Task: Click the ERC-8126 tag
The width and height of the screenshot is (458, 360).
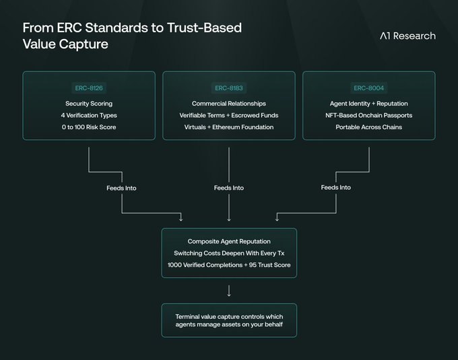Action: [89, 88]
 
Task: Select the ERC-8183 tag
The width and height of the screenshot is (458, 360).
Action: [229, 88]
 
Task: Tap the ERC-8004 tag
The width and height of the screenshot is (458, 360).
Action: [369, 88]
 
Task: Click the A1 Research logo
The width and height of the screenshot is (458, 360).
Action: [407, 36]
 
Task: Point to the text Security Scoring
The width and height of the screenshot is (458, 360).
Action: [89, 104]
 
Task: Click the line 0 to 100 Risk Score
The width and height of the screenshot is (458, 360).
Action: [89, 127]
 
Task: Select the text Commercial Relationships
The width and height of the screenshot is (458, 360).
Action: [229, 104]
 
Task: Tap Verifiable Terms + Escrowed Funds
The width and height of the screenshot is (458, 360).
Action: [229, 115]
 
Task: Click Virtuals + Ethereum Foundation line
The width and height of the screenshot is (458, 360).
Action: [229, 127]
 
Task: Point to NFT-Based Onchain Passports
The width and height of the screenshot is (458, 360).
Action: [369, 115]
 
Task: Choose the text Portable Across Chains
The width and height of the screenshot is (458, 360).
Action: [369, 127]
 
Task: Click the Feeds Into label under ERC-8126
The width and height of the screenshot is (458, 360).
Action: [121, 188]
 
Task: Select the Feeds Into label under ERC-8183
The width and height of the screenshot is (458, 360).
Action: [229, 188]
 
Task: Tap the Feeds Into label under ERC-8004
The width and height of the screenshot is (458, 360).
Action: [336, 187]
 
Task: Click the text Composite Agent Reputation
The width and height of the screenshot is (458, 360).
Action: [229, 241]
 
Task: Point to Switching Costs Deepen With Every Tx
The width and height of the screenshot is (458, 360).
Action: [229, 252]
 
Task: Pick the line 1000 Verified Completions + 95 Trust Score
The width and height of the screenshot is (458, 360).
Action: [229, 264]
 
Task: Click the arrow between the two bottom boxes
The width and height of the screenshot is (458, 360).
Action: [229, 291]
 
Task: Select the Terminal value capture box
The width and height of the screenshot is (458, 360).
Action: [229, 320]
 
